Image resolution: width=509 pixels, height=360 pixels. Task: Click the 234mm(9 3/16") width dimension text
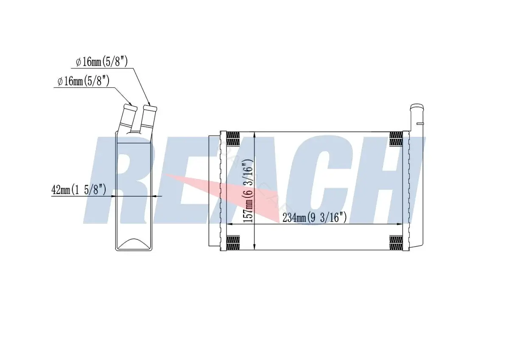tap(314, 217)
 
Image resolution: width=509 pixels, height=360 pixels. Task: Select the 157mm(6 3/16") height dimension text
tap(248, 191)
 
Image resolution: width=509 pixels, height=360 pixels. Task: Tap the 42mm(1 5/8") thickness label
tap(78, 189)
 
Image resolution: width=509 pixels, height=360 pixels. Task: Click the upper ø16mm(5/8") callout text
tap(102, 62)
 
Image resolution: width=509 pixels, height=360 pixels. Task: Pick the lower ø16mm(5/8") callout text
tap(84, 81)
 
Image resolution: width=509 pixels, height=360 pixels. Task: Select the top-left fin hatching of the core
tap(233, 138)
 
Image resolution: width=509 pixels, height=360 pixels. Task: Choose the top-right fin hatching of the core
tap(396, 138)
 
